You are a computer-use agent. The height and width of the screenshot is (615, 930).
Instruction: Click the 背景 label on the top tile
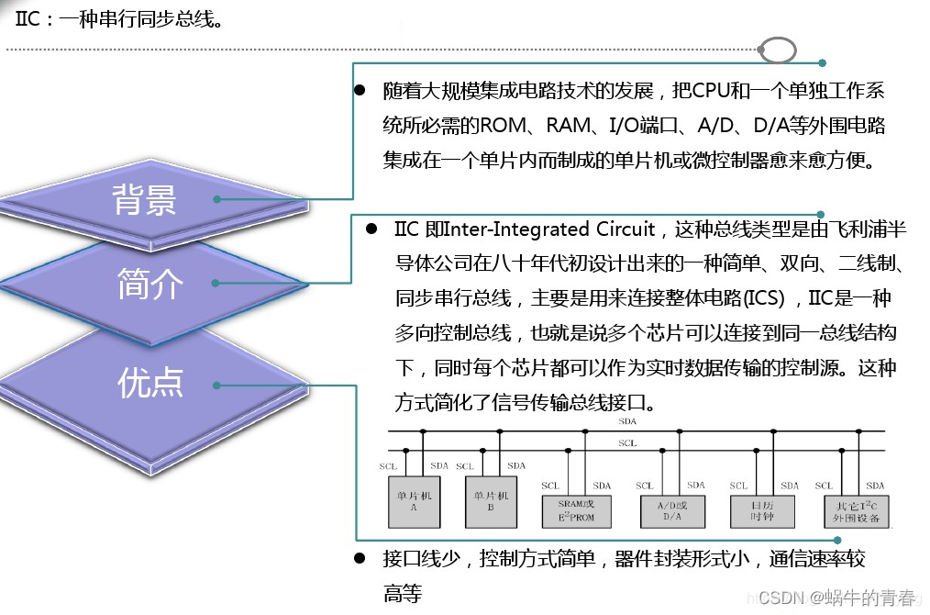click(x=144, y=199)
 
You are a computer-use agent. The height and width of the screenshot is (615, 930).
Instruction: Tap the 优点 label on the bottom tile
click(x=150, y=383)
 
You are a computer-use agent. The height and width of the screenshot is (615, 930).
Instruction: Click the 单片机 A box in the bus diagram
click(x=414, y=501)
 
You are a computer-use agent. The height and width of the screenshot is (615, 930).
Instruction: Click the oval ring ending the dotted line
click(x=778, y=50)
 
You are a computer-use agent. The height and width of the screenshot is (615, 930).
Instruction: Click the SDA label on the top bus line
click(x=627, y=421)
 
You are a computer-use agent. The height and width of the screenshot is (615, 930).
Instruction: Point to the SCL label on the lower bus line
click(x=627, y=443)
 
